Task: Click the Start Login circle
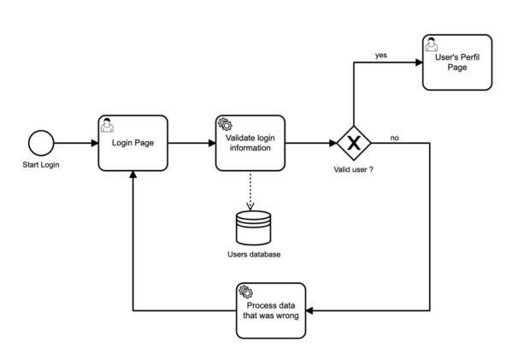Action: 39,143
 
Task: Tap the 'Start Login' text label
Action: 39,164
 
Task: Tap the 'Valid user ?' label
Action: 353,169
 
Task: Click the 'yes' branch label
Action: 381,56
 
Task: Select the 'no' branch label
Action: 396,137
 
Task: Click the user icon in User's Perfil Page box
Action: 432,42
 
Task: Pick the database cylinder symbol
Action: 253,227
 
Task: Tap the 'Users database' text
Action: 253,255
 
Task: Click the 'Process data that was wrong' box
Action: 269,309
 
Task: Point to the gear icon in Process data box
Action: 244,291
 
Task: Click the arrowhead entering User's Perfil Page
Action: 417,62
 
